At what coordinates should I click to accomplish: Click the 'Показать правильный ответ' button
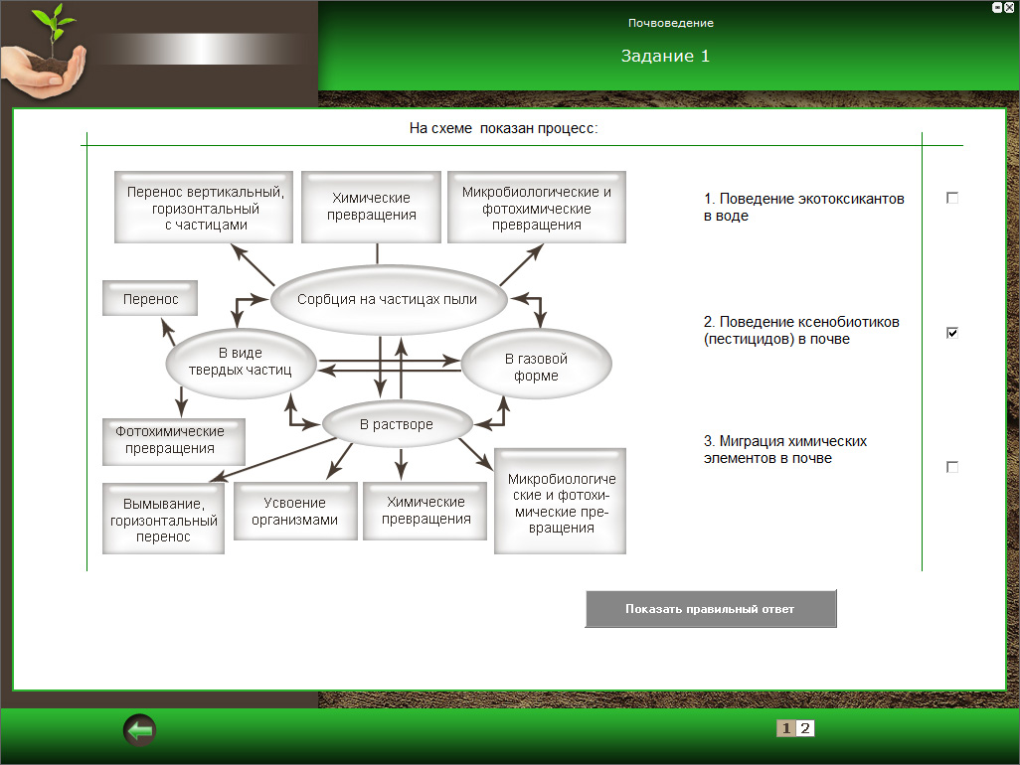pos(710,609)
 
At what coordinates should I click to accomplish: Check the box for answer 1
pos(952,199)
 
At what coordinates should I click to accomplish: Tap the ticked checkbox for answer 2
pos(952,333)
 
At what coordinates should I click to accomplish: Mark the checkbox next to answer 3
pos(952,467)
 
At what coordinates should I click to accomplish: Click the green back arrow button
pos(140,731)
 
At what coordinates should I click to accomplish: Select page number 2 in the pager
pos(805,728)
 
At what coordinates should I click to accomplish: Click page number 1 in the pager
pos(786,728)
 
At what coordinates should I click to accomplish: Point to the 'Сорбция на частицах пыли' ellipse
pos(388,299)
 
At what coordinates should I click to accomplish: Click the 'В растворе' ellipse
pos(396,424)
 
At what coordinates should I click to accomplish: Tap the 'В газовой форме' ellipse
pos(537,367)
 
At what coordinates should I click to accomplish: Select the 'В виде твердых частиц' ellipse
pos(241,362)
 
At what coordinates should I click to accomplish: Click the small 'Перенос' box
pos(150,298)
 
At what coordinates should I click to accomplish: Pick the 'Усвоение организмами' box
pos(295,512)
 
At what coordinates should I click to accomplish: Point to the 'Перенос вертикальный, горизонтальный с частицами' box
pos(205,207)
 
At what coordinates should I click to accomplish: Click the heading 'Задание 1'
pos(665,56)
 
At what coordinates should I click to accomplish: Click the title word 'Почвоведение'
pos(670,23)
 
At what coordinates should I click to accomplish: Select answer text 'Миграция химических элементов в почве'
pos(785,449)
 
